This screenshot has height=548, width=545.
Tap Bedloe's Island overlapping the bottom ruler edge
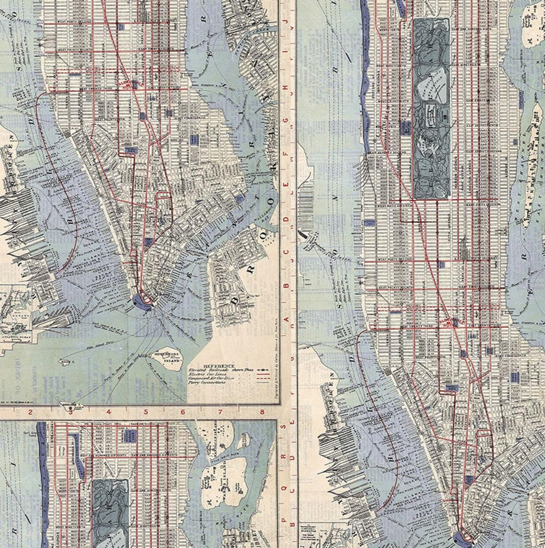click(x=71, y=404)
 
